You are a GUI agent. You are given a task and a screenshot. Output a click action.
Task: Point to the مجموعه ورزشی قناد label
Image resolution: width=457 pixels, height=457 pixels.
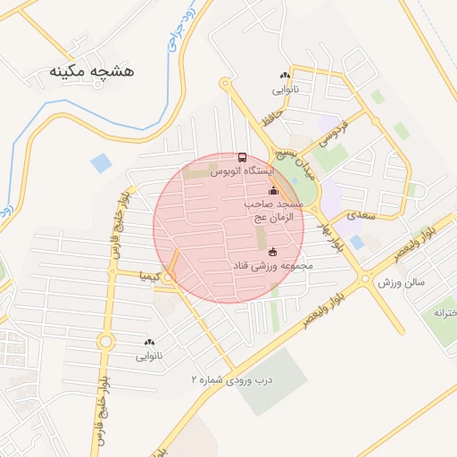pyautogui.click(x=272, y=266)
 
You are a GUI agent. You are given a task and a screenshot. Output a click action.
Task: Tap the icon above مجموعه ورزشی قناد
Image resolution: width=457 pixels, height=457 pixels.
pyautogui.click(x=272, y=252)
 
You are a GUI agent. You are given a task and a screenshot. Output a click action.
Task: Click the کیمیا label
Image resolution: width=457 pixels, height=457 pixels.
pyautogui.click(x=149, y=276)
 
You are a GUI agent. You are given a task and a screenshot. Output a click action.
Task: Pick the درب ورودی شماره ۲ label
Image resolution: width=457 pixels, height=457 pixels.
pyautogui.click(x=228, y=379)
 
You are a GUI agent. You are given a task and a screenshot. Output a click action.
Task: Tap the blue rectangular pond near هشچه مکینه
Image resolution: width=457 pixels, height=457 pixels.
pyautogui.click(x=102, y=163)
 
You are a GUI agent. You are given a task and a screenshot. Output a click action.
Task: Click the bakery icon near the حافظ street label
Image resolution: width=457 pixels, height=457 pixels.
pyautogui.click(x=285, y=76)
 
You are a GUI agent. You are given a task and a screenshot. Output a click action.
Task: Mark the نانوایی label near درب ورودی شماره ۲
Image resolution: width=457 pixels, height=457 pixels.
pyautogui.click(x=149, y=356)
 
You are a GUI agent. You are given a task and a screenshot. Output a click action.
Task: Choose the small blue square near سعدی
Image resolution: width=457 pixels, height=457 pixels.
pyautogui.click(x=357, y=242)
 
